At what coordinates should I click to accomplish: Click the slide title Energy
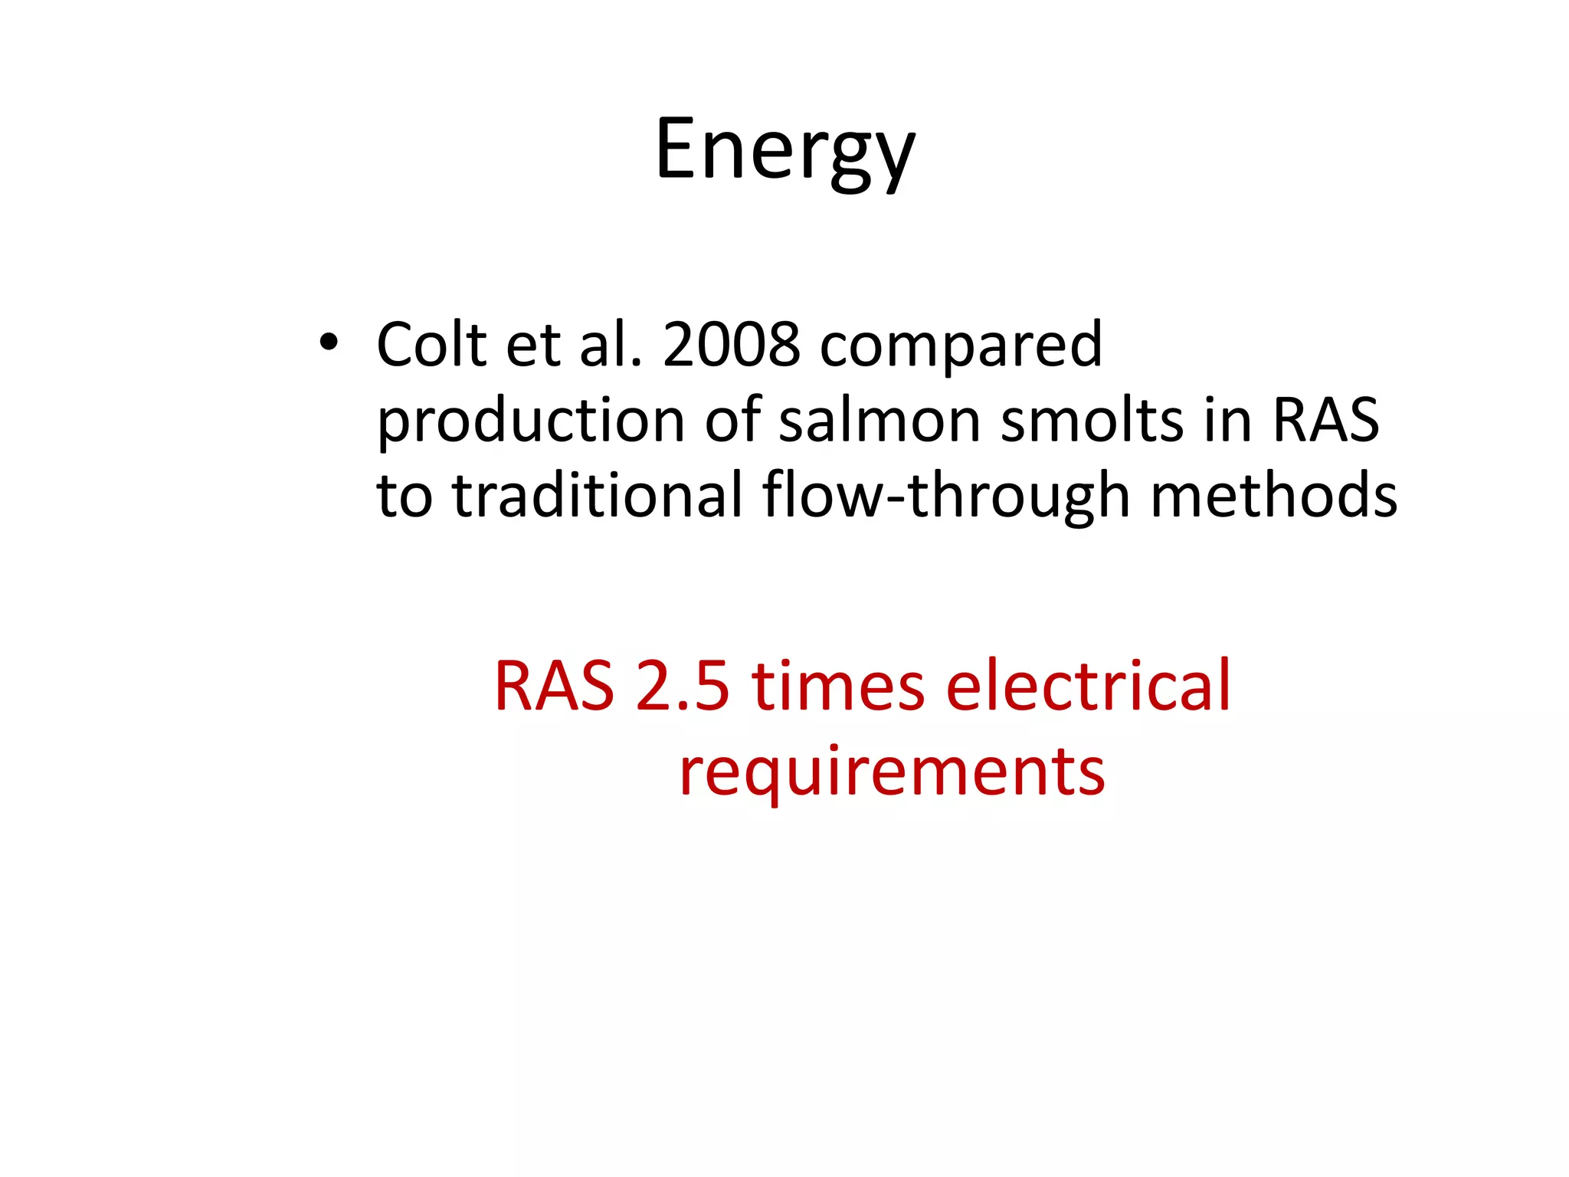pos(784,149)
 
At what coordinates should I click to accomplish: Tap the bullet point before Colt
pos(329,343)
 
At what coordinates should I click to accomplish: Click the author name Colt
pos(432,344)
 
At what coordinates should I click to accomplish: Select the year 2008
pos(732,344)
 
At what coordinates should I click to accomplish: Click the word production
pos(531,422)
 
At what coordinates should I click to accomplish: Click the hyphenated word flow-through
pos(946,497)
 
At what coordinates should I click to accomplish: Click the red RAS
pos(554,686)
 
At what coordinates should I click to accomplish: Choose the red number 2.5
pos(682,686)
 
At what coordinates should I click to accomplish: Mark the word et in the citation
pos(533,345)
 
